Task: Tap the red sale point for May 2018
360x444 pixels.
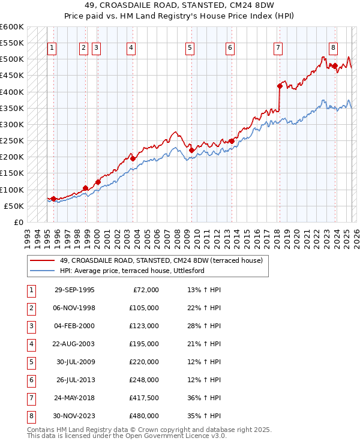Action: click(x=279, y=86)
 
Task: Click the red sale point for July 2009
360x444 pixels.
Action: click(x=191, y=150)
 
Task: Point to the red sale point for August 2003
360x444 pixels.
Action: click(x=133, y=158)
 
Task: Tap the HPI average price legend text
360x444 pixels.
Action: click(x=132, y=271)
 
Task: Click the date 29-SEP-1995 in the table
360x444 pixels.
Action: click(x=74, y=290)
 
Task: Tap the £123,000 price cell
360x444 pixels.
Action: click(x=144, y=326)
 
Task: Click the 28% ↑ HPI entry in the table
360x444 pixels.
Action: click(x=205, y=326)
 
